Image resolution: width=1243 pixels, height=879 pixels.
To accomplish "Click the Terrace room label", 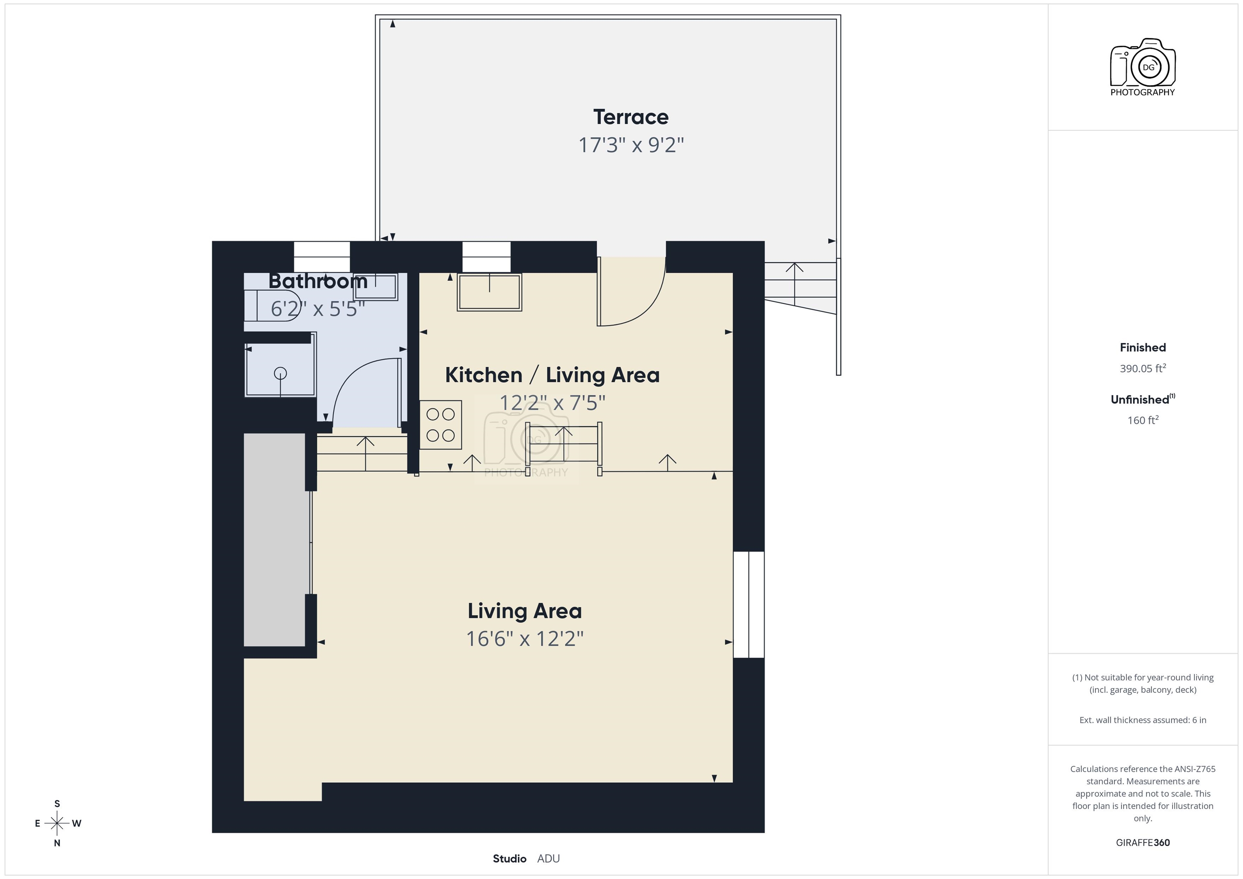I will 631,117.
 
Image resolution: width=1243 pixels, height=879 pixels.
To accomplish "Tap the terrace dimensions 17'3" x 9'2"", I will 631,145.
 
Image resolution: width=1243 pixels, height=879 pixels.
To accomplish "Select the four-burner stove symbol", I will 440,425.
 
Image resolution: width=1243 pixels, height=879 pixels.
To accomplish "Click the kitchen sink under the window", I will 490,292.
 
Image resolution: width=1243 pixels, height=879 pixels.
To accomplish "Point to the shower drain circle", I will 280,373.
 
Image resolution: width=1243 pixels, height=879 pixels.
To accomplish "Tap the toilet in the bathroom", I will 271,306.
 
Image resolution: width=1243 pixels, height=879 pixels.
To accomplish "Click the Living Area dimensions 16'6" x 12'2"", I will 525,639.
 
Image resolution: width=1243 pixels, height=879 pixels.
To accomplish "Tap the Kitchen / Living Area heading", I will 552,375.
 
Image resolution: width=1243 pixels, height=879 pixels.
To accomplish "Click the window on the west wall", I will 749,605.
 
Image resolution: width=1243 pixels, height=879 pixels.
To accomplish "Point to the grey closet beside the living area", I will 274,540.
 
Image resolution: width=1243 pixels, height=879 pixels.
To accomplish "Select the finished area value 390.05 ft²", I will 1142,369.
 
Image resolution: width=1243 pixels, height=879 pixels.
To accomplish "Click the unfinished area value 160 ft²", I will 1142,421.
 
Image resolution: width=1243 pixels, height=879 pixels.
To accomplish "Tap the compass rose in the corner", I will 57,823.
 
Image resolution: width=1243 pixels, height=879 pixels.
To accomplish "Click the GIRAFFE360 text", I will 1142,843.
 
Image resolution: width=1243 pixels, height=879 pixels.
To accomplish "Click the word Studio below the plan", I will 509,858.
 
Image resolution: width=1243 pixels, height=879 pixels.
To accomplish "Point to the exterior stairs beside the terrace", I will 800,287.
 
